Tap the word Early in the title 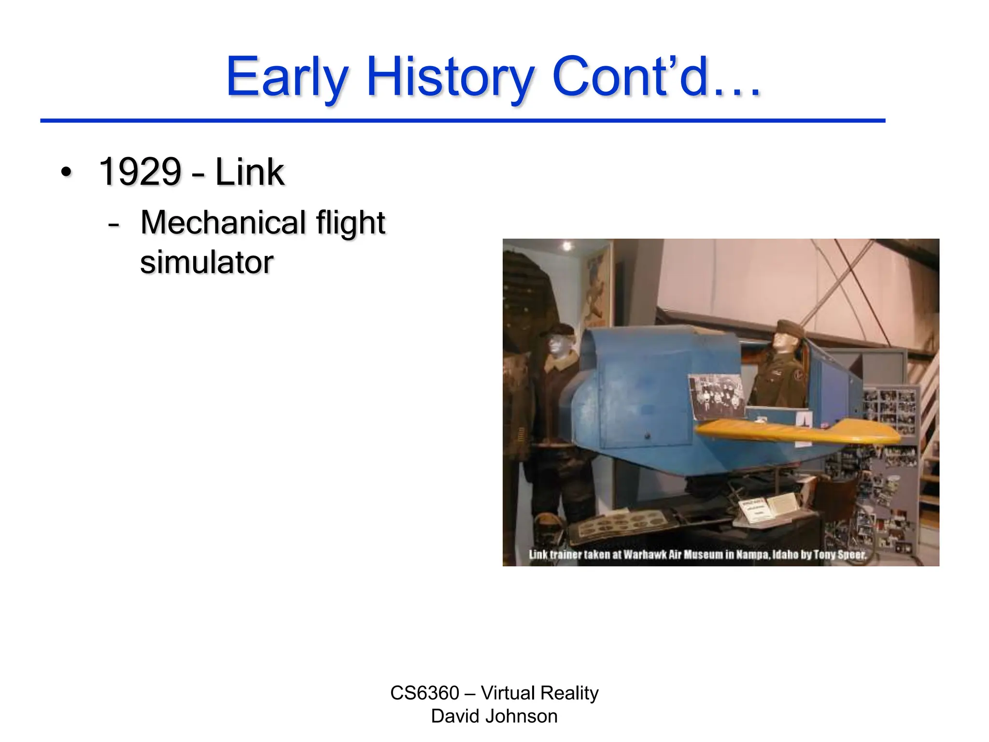[287, 77]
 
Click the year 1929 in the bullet [140, 172]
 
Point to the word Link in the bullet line [249, 172]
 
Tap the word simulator [207, 262]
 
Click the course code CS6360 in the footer [424, 693]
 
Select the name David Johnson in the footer [494, 716]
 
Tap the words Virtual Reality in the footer [539, 693]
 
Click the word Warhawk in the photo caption [645, 555]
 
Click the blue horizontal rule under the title [462, 120]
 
